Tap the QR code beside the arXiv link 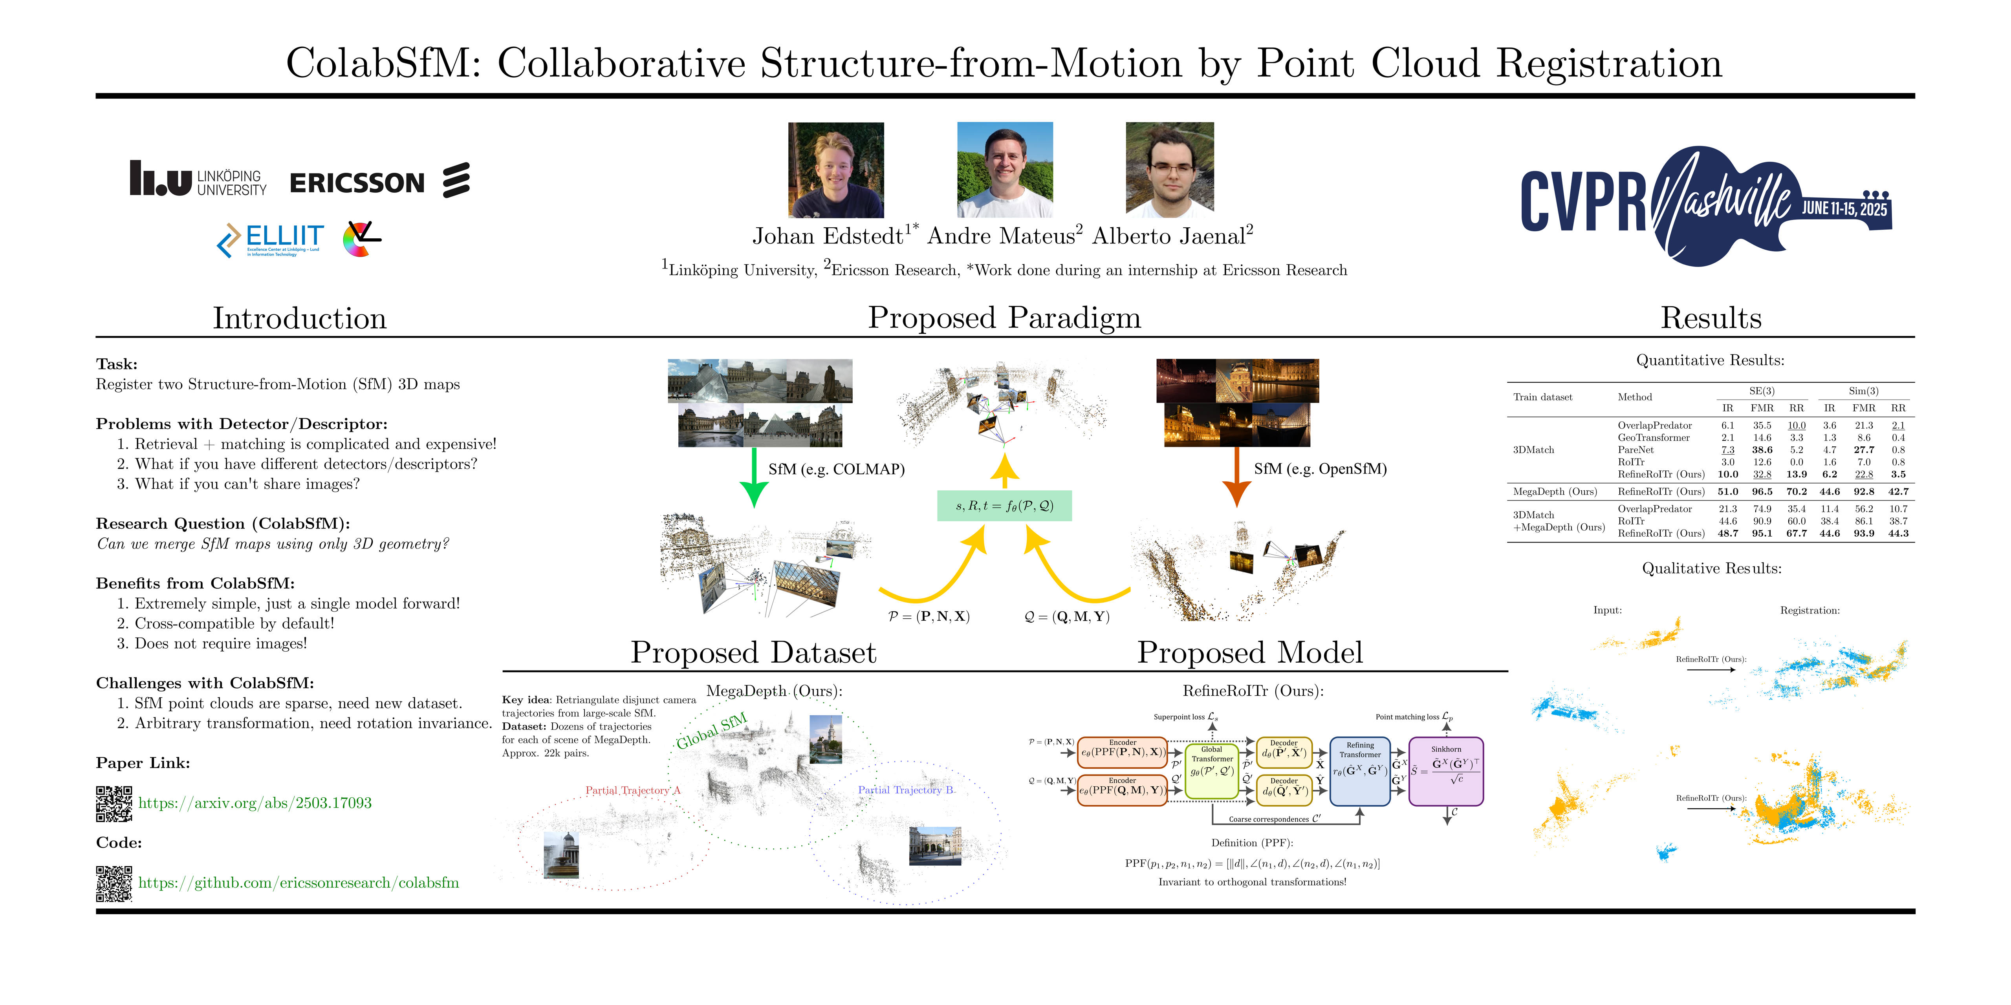(114, 804)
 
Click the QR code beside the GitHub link (114, 883)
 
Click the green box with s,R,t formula (1004, 506)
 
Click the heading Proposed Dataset (753, 652)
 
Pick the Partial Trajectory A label (632, 790)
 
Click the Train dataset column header (1542, 397)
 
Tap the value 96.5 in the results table (1762, 492)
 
